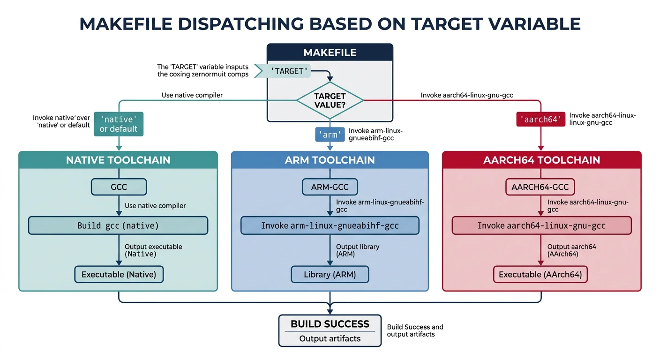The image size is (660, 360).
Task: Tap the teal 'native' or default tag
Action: pyautogui.click(x=119, y=124)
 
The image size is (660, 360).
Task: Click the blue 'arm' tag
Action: pyautogui.click(x=330, y=135)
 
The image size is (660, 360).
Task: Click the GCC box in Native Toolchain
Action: pyautogui.click(x=119, y=187)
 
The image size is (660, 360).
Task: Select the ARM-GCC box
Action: pyautogui.click(x=330, y=187)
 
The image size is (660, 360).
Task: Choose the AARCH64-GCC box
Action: pyautogui.click(x=540, y=187)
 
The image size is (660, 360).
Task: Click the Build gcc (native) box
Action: pyautogui.click(x=118, y=225)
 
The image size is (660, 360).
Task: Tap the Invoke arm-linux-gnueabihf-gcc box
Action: pyautogui.click(x=330, y=225)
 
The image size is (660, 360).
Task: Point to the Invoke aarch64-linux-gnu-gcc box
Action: pyautogui.click(x=541, y=225)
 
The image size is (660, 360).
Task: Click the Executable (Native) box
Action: pyautogui.click(x=119, y=274)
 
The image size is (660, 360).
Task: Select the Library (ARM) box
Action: pyautogui.click(x=330, y=274)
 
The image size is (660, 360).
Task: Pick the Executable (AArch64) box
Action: pyautogui.click(x=540, y=274)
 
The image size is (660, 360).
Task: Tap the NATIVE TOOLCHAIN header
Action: pyautogui.click(x=118, y=160)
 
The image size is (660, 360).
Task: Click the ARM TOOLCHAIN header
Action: pyautogui.click(x=330, y=160)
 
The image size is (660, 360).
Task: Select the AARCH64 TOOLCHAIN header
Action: pyautogui.click(x=541, y=160)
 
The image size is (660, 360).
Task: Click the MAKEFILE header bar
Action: pyautogui.click(x=330, y=52)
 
